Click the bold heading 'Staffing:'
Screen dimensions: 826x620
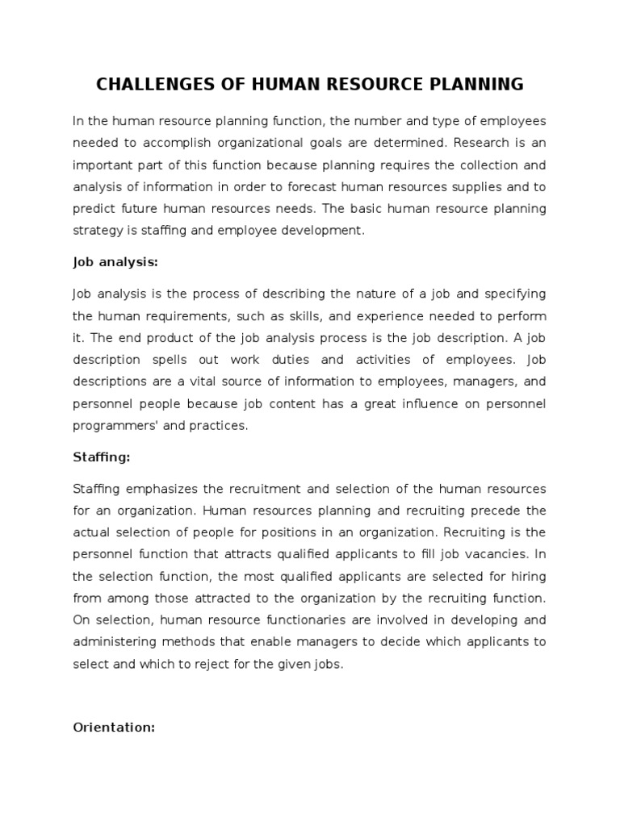pos(101,457)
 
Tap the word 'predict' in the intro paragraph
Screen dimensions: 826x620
pos(94,208)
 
